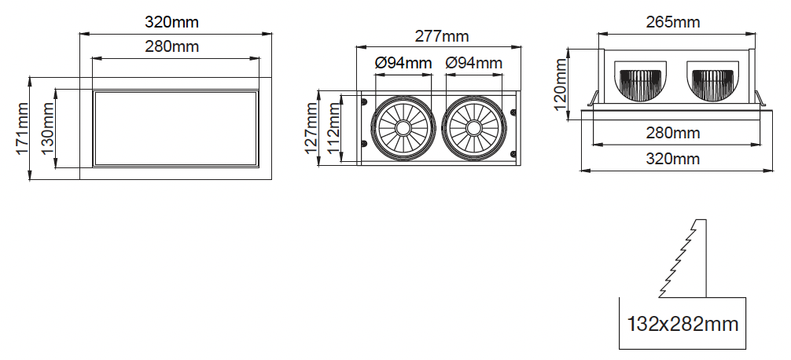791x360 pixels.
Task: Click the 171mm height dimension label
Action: (22, 129)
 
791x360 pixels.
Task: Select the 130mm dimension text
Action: (47, 129)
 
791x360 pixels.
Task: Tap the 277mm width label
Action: (442, 36)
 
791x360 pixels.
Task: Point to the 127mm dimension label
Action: (311, 128)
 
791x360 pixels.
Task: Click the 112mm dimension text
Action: (333, 128)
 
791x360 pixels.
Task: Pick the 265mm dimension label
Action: (673, 22)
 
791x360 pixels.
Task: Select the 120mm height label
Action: (561, 84)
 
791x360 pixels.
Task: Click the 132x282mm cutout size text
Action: (682, 324)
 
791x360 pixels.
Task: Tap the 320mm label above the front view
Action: (172, 22)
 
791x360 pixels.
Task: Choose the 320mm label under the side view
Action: (673, 159)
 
